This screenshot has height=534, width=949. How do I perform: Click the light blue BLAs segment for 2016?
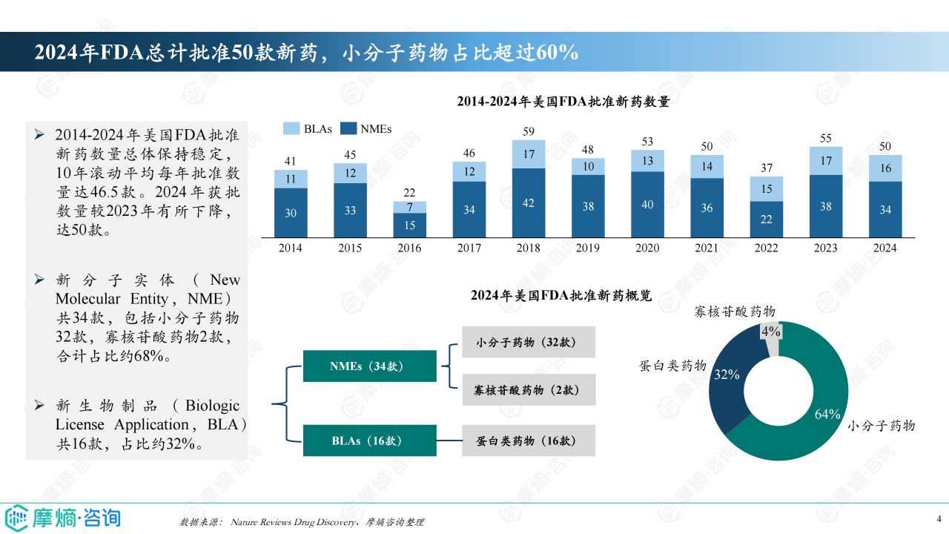(410, 208)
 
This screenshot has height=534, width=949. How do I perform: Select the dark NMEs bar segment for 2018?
(529, 202)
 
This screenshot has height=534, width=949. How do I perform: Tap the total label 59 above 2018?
(529, 132)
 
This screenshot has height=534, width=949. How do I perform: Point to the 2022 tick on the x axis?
(767, 248)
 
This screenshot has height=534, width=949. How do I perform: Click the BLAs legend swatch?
(291, 128)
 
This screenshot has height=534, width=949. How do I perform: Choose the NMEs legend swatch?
(348, 128)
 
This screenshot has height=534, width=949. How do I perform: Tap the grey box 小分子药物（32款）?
(529, 342)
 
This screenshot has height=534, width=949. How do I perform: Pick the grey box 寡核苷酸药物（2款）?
(529, 389)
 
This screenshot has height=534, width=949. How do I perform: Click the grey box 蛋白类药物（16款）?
(529, 441)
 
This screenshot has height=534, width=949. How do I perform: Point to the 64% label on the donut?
(827, 414)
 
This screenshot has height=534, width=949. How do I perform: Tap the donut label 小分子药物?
(882, 426)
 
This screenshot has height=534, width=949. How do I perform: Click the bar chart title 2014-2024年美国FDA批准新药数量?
(563, 102)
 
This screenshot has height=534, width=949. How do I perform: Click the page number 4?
(939, 518)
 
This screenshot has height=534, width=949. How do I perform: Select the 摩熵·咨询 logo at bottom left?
(62, 516)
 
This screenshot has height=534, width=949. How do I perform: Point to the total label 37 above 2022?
(767, 168)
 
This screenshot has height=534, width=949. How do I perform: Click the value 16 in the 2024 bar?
(885, 168)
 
